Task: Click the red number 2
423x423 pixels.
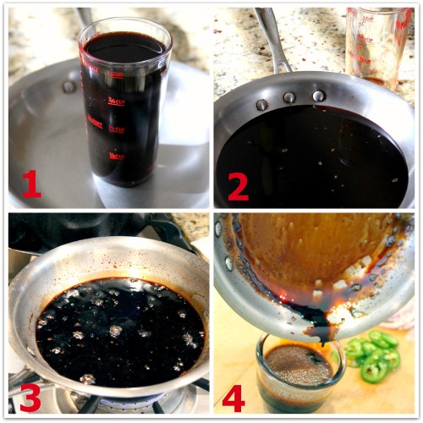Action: pyautogui.click(x=238, y=184)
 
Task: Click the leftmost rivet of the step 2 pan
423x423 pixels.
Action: pyautogui.click(x=262, y=105)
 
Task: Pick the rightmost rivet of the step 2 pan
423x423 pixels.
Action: pyautogui.click(x=319, y=96)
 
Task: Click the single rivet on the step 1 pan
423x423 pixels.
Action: pyautogui.click(x=69, y=86)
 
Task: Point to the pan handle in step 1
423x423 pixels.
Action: pyautogui.click(x=85, y=17)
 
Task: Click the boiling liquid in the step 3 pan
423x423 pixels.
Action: pyautogui.click(x=110, y=330)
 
